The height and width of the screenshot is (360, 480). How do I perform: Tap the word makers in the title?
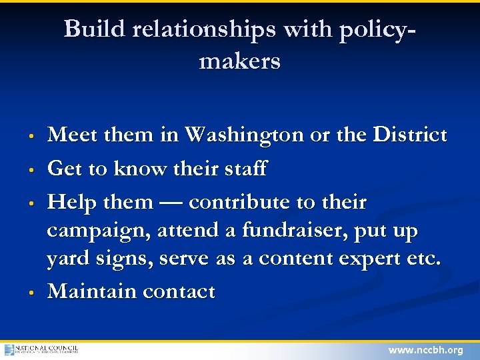pos(239,61)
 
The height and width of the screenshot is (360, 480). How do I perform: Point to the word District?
pos(409,135)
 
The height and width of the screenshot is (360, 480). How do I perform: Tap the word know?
pos(136,169)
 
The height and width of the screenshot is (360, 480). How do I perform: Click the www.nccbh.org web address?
pos(425,350)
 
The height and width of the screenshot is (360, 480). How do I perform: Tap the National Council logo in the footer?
pos(41,349)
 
